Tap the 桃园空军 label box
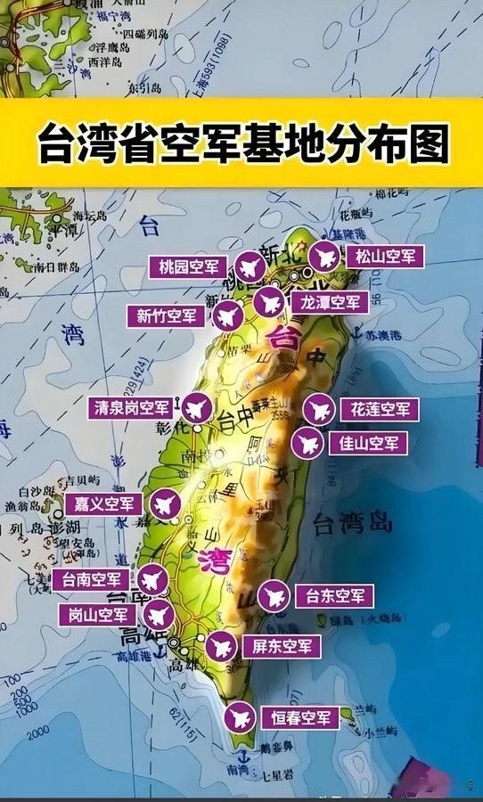tap(189, 266)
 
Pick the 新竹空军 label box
tap(167, 315)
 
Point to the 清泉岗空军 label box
tap(131, 408)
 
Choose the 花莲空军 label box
tap(375, 410)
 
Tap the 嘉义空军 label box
tap(104, 503)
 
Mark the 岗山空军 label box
tap(98, 614)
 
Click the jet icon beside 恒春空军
tap(239, 716)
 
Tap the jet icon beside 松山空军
tap(324, 257)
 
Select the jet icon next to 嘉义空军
tap(164, 503)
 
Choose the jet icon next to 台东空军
tap(273, 595)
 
